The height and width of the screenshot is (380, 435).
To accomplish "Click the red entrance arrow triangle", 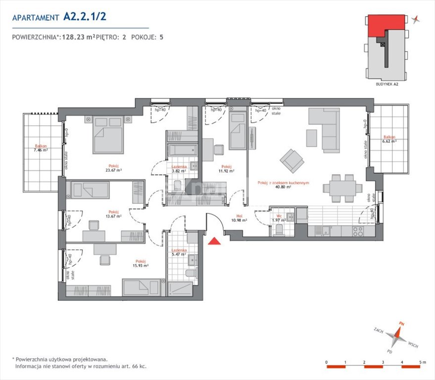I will (x=214, y=241).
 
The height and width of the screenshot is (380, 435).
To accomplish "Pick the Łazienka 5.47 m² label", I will (x=179, y=253).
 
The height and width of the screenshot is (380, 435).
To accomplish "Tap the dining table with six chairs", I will (x=342, y=188).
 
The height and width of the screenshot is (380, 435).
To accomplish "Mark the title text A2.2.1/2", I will (x=85, y=16).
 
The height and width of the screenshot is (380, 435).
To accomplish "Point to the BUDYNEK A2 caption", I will (x=387, y=85).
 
